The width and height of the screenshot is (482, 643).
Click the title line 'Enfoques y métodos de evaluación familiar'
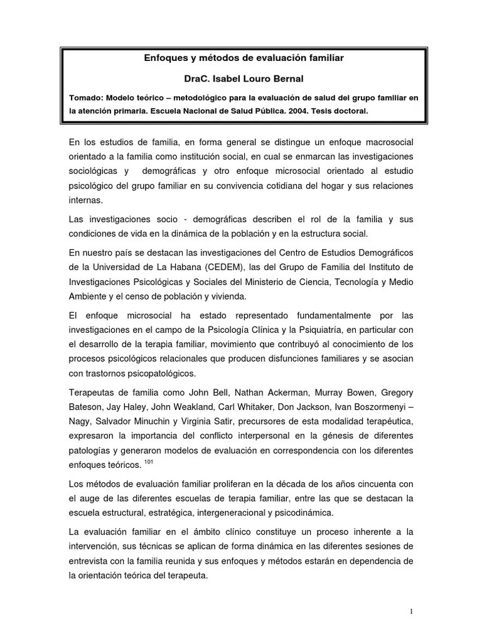(244, 58)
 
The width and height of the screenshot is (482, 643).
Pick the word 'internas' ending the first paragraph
(86, 200)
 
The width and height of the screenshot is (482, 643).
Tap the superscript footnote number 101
(149, 462)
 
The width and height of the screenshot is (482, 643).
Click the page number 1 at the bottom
(410, 612)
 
